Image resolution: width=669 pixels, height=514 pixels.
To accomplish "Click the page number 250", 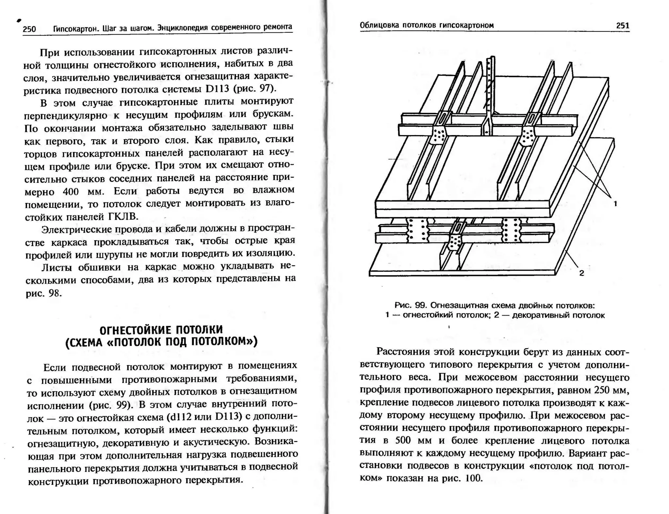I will (x=29, y=29).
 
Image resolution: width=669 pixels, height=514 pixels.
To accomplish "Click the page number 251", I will (x=622, y=25).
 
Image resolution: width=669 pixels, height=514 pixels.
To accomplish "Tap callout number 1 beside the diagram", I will (x=615, y=204).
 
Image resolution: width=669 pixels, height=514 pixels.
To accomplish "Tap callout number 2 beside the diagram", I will (x=581, y=273).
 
